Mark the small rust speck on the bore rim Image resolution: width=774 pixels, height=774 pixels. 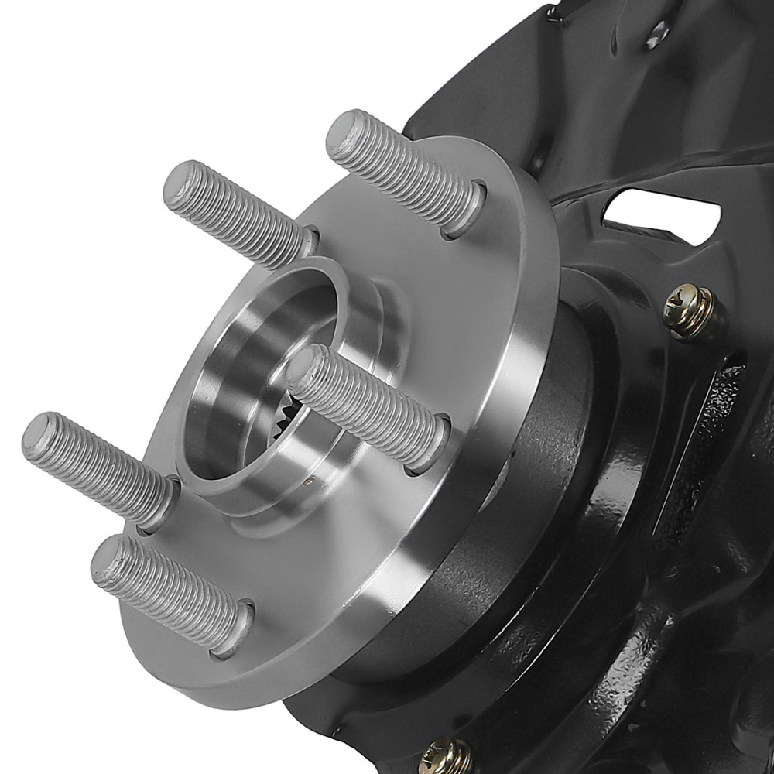pos(309,482)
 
